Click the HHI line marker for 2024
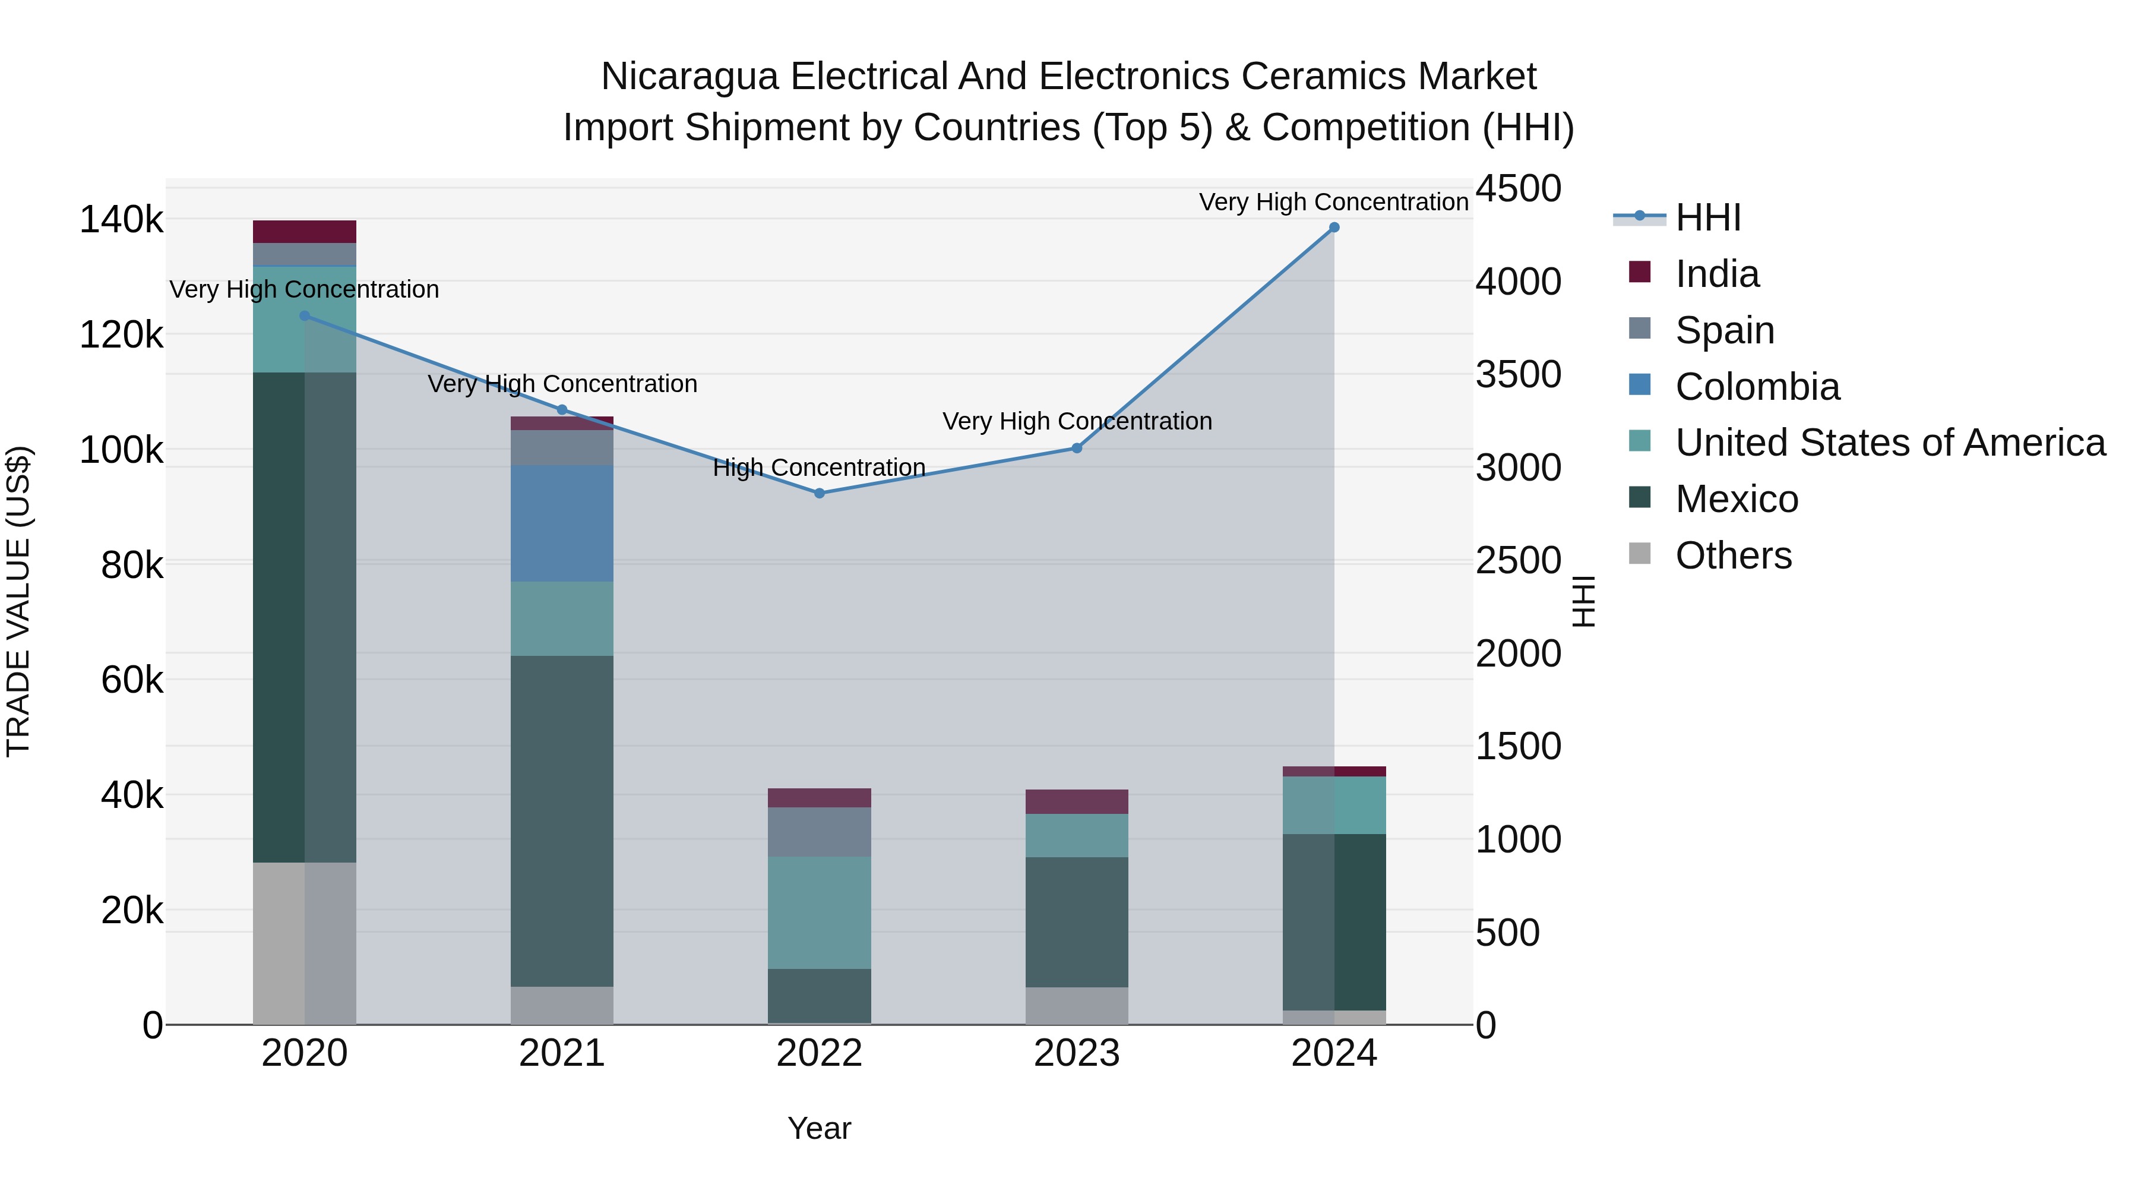1334,228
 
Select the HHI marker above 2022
819,493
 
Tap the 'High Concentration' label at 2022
819,468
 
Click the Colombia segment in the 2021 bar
562,523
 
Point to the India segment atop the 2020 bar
305,232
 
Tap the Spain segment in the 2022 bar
819,831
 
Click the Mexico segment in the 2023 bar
1077,921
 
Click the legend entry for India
1716,274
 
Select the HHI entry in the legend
1707,217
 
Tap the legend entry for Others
1733,555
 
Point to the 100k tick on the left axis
121,451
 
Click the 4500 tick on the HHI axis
1518,188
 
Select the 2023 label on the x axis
1077,1053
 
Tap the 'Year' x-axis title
819,1128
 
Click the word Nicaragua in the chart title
689,77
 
